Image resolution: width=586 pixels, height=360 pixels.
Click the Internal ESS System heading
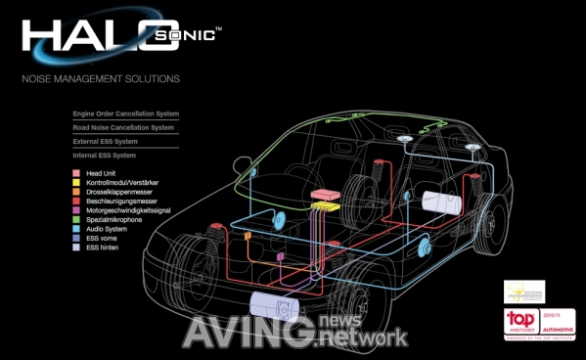[105, 156]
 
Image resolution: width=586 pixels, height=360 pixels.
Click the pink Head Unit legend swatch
[76, 173]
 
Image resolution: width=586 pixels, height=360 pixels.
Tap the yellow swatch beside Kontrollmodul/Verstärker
[76, 184]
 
